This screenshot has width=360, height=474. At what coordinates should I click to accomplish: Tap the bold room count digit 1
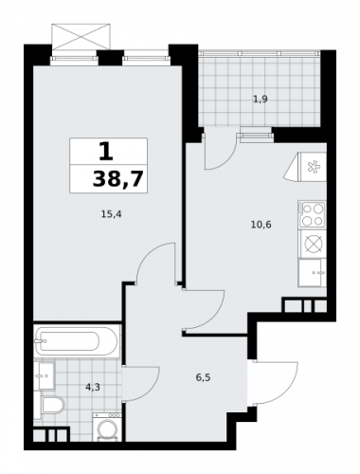tap(106, 151)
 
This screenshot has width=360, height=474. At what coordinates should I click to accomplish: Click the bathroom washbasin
tap(42, 376)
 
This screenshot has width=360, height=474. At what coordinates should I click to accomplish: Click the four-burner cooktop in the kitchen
tap(313, 213)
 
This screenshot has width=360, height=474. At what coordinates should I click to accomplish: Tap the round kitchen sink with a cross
tap(313, 244)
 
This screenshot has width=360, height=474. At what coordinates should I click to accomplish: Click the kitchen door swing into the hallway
tap(201, 310)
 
